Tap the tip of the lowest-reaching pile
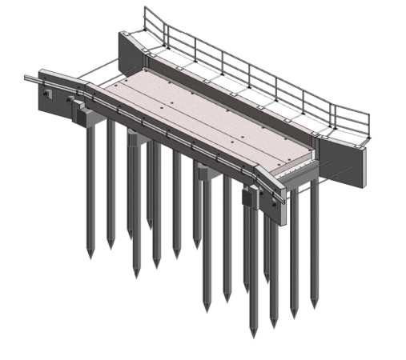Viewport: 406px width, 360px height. [254, 334]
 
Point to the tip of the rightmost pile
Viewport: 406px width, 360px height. [313, 306]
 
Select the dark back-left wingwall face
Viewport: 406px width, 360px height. [129, 56]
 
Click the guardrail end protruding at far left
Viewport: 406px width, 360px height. [30, 78]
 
